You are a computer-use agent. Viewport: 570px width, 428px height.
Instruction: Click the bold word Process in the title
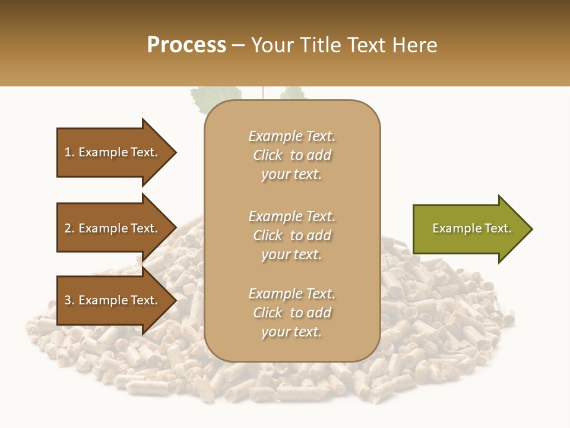tap(186, 45)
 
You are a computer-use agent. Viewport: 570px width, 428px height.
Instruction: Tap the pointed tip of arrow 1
tap(175, 152)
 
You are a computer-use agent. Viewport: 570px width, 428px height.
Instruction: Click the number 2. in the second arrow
tap(69, 228)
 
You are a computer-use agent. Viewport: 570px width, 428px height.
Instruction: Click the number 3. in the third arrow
tap(69, 300)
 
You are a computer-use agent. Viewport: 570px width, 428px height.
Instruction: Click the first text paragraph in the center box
tap(292, 155)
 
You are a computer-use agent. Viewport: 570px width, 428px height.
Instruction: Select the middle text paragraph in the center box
tap(292, 235)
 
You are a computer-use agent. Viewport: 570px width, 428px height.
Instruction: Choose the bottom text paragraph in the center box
tap(292, 313)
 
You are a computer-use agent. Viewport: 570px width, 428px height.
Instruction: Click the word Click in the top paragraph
tap(268, 155)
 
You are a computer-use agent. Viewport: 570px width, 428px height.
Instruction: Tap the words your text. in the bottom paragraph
tap(292, 332)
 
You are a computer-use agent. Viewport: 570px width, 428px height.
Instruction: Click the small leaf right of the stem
tap(292, 93)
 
